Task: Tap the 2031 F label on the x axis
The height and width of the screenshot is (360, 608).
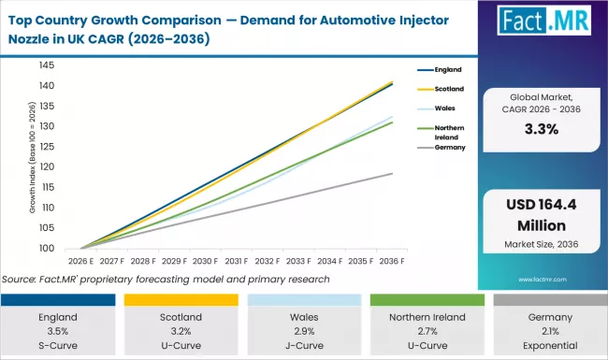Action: (235, 263)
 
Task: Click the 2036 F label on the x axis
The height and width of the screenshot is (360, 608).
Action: (391, 263)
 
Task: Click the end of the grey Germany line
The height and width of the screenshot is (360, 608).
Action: (392, 173)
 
